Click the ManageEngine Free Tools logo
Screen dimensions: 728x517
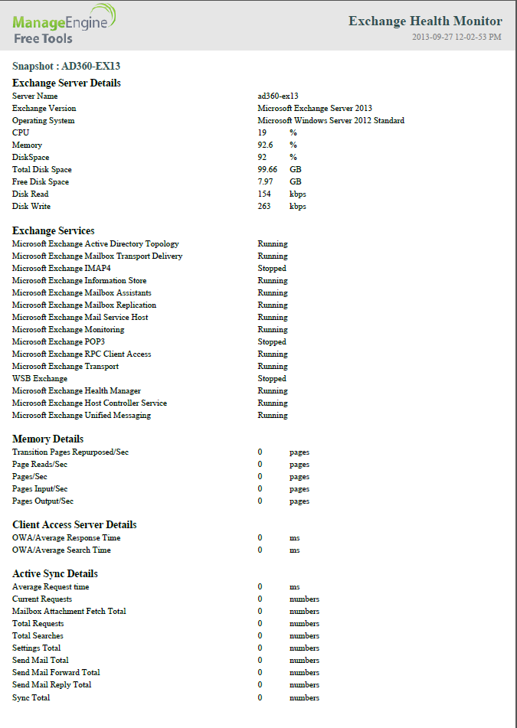click(x=64, y=24)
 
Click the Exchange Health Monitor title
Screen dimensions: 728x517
click(x=425, y=21)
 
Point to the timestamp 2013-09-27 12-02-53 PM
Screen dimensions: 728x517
click(x=456, y=37)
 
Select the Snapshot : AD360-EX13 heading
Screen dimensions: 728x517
click(x=66, y=66)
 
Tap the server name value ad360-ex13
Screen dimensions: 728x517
click(x=277, y=96)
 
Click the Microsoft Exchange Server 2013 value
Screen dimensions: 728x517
click(x=314, y=109)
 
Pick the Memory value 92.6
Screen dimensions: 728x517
click(x=265, y=145)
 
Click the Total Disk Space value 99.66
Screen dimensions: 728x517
click(x=267, y=170)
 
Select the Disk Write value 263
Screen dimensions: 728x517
click(x=264, y=207)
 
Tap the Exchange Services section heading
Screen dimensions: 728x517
click(x=54, y=230)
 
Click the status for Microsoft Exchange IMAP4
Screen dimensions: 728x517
click(x=272, y=269)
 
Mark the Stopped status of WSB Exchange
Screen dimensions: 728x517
click(x=272, y=379)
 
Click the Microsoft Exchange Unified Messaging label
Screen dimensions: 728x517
click(x=81, y=416)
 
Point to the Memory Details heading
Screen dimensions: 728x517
click(x=48, y=439)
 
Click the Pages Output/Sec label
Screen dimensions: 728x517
click(x=43, y=501)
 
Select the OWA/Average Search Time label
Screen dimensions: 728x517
click(x=61, y=550)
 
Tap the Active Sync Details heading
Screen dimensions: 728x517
click(x=55, y=573)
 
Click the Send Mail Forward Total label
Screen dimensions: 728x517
click(x=56, y=673)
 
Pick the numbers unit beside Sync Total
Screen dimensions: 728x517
click(x=304, y=698)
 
